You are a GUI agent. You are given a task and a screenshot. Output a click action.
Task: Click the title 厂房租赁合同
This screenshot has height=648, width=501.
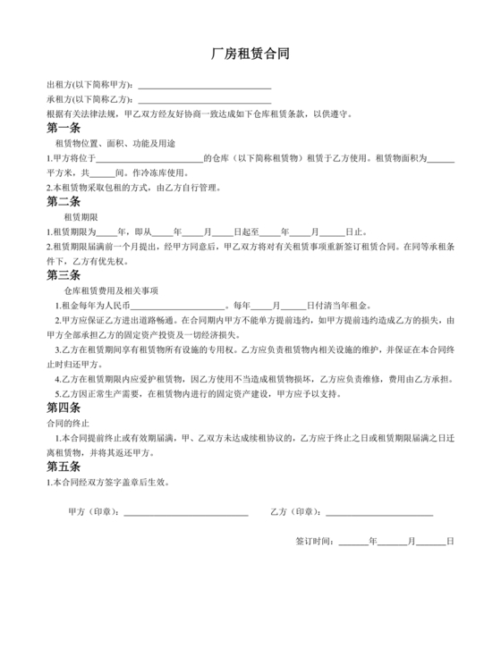(x=250, y=55)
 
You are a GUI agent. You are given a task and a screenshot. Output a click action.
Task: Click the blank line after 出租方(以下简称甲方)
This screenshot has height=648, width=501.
(x=205, y=87)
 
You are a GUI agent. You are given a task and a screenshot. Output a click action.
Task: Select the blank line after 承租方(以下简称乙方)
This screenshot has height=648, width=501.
(x=205, y=101)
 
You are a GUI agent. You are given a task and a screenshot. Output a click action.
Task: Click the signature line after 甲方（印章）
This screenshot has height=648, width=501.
(x=185, y=513)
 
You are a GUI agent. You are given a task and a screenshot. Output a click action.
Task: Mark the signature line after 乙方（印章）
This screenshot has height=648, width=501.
(x=378, y=513)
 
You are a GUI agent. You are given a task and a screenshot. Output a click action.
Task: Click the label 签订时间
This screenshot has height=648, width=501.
(x=315, y=542)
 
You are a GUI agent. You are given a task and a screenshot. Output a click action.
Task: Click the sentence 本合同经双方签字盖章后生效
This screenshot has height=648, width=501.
(x=108, y=482)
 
